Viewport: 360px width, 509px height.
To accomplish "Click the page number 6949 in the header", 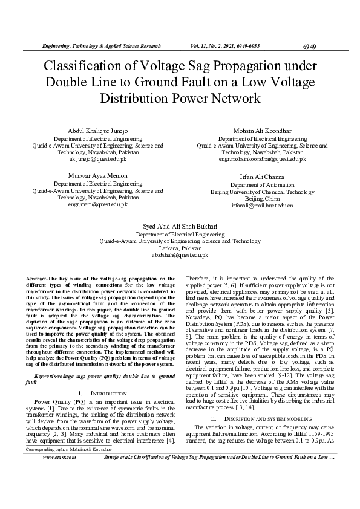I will [309, 47].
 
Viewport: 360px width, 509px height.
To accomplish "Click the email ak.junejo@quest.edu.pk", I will [89, 159].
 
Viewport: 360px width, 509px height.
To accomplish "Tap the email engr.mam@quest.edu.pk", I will [89, 204].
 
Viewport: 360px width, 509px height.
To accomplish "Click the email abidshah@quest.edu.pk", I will [180, 255].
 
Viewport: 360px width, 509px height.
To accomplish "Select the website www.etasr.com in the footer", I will [59, 475].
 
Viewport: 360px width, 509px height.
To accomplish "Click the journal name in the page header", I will [100, 47].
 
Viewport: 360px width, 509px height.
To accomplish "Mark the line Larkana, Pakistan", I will [180, 248].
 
